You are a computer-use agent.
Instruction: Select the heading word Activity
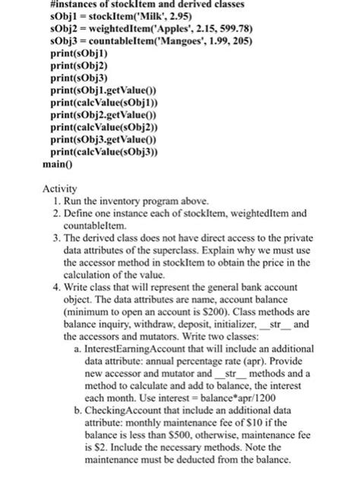pos(62,188)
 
